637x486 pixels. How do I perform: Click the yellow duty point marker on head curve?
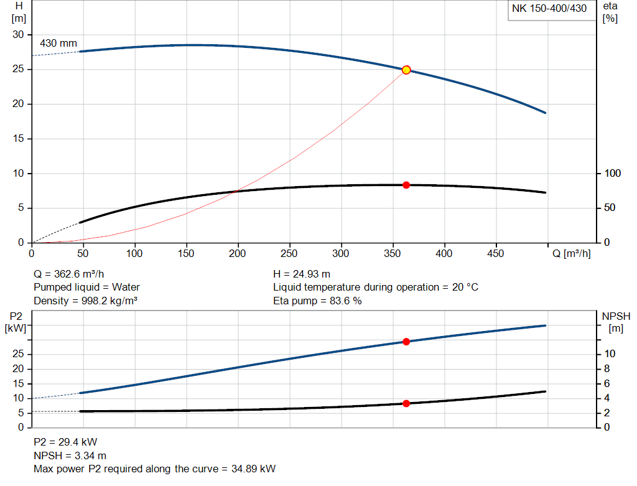pos(406,70)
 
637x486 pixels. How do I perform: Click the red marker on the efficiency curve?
pos(406,185)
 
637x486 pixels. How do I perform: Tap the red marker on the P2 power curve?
pos(406,342)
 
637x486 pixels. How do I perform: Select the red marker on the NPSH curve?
pos(406,403)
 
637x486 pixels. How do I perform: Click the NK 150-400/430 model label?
pos(549,9)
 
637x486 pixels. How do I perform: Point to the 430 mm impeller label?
pos(58,44)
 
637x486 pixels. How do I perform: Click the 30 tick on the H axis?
pos(18,35)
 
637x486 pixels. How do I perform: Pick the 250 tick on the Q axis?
pos(289,254)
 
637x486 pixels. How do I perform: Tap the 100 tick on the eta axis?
pos(613,173)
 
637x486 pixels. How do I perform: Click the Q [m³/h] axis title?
pos(571,254)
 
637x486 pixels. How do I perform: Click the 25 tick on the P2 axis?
pos(19,354)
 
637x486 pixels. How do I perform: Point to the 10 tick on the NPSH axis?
pos(610,353)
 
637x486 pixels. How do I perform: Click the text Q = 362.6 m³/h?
pos(73,274)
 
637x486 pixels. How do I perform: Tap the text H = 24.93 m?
pos(302,274)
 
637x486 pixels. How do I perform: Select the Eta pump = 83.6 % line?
pos(317,301)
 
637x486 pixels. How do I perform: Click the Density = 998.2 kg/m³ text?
pos(85,301)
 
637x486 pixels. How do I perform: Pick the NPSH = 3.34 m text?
pos(70,456)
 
